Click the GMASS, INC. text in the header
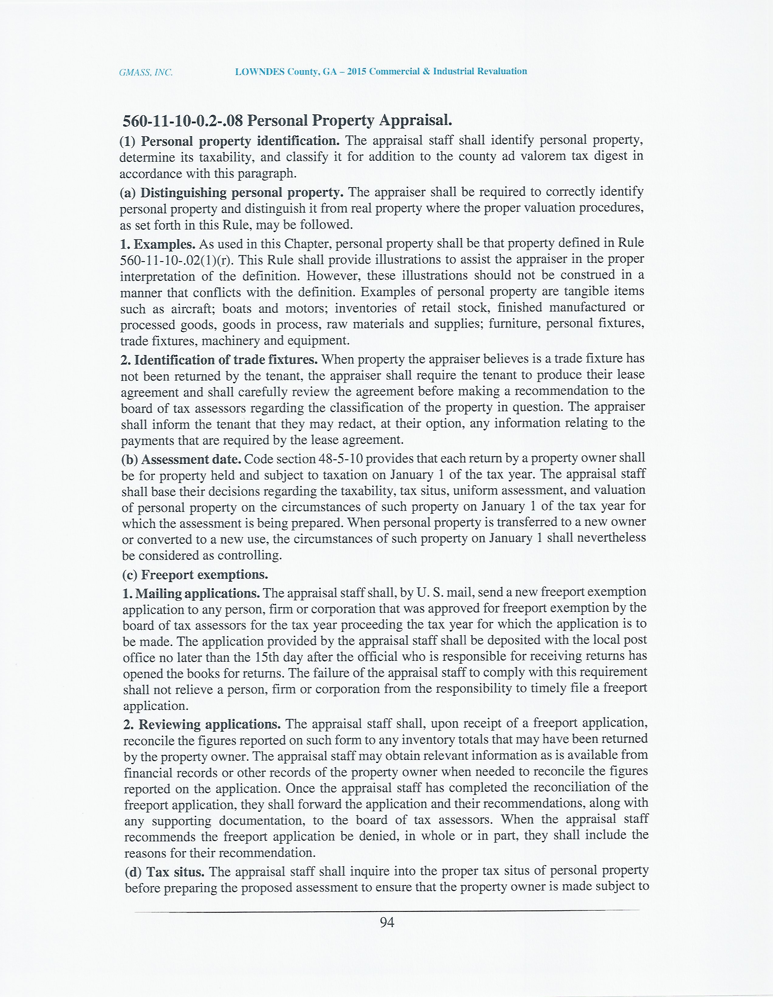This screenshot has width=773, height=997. (146, 72)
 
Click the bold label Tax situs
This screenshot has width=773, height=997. (175, 872)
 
